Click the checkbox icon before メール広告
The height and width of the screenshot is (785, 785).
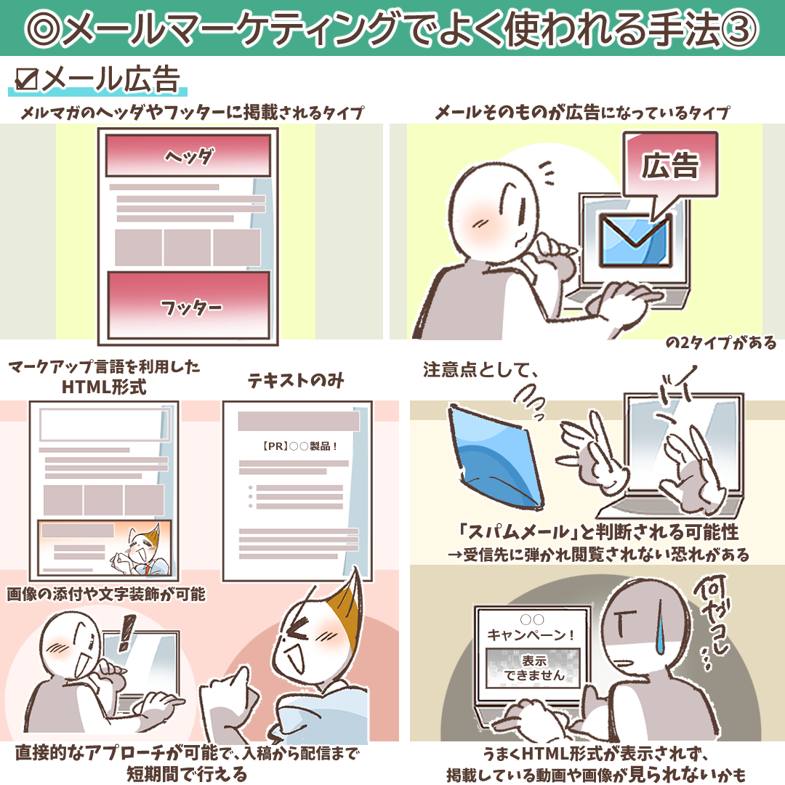coord(27,79)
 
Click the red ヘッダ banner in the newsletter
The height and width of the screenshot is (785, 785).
coord(188,156)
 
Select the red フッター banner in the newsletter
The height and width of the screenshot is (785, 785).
coord(188,306)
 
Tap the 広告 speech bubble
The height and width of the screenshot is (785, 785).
coord(669,167)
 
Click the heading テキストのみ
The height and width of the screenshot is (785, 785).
coord(295,380)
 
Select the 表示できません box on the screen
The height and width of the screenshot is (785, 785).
coord(534,668)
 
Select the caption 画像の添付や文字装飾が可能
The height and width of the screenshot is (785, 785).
coord(106,594)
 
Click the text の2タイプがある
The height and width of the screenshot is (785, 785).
coord(721,344)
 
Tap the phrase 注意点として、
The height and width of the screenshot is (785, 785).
coord(480,370)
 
